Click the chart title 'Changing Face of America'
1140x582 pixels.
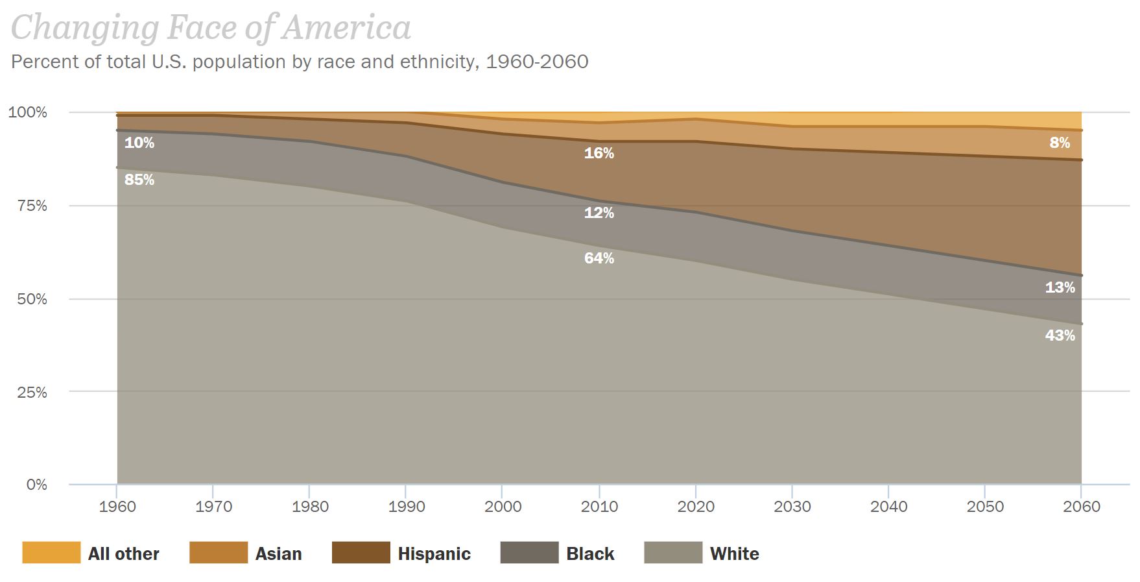point(211,29)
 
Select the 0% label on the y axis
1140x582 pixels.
point(36,485)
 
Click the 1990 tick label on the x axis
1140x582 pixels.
point(406,507)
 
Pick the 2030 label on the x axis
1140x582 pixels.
point(792,507)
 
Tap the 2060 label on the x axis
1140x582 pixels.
point(1081,507)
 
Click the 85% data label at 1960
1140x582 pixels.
point(139,180)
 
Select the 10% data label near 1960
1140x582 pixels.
point(139,143)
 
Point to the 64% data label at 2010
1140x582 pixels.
point(599,258)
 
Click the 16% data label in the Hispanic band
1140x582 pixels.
point(599,153)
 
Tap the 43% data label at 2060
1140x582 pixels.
point(1060,335)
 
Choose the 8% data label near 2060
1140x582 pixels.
point(1060,143)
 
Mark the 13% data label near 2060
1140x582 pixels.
point(1060,287)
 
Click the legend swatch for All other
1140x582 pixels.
point(51,553)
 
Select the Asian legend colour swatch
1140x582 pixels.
point(219,553)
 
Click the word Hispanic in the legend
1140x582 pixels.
point(434,553)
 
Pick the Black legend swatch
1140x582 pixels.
point(529,553)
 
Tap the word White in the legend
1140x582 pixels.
point(734,553)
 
